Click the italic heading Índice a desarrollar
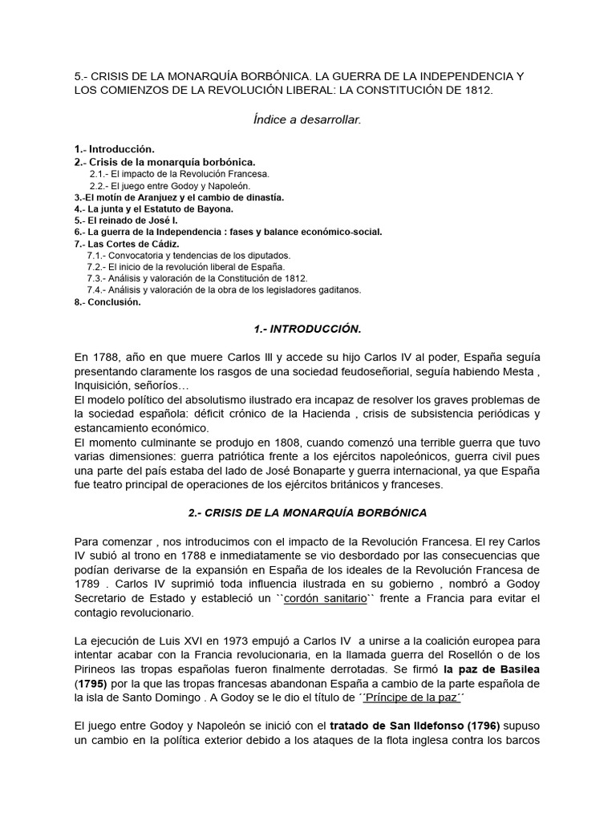click(307, 119)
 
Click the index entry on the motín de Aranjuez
click(177, 197)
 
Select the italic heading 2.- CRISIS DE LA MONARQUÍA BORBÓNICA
click(307, 512)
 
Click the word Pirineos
click(97, 668)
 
